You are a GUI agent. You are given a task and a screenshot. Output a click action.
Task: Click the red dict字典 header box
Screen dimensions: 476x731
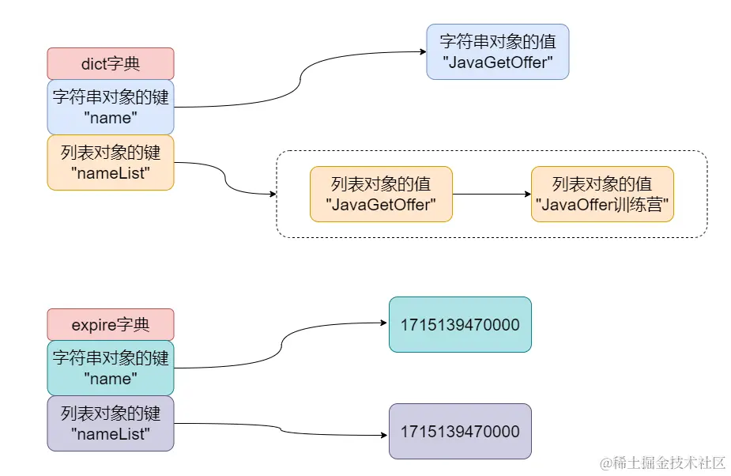click(111, 64)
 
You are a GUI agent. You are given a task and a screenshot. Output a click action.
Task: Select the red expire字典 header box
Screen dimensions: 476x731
click(111, 325)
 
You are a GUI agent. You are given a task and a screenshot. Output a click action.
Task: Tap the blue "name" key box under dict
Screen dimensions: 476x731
click(111, 107)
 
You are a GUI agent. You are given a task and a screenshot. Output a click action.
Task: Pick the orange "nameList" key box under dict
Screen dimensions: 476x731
click(111, 162)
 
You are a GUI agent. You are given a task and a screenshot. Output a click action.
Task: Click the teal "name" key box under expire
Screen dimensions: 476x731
click(111, 368)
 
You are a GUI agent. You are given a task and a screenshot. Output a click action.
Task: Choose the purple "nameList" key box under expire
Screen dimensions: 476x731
click(111, 423)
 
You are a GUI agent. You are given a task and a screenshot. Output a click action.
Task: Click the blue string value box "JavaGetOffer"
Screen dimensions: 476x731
click(497, 51)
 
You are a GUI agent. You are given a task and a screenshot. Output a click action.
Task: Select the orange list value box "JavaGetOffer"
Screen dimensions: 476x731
click(381, 194)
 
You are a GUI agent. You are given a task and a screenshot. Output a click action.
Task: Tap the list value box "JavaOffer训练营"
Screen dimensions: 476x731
click(602, 194)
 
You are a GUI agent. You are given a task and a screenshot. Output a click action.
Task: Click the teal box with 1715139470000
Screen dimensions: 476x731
click(460, 324)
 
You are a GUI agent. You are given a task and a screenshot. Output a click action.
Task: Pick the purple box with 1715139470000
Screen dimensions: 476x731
click(460, 431)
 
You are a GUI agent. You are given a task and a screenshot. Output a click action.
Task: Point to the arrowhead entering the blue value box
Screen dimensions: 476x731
click(422, 53)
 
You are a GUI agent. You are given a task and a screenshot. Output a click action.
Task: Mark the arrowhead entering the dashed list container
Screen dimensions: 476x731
click(272, 194)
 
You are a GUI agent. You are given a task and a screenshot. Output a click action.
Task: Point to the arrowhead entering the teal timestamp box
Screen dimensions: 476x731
click(384, 323)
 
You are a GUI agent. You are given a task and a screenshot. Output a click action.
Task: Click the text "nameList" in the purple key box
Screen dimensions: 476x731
click(111, 433)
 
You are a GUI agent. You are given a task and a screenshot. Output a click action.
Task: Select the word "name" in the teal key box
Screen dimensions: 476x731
click(111, 379)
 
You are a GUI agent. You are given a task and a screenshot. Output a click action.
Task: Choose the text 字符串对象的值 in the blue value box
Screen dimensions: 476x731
click(497, 42)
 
